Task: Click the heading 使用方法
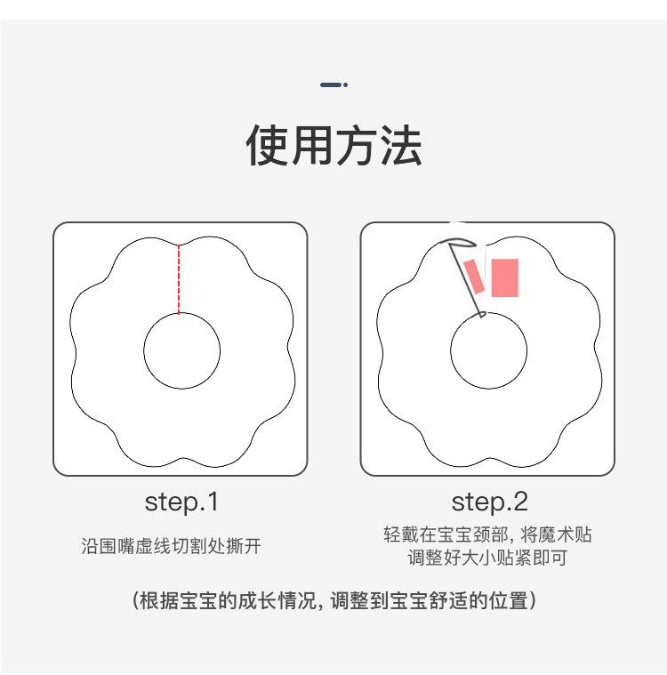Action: pos(333,147)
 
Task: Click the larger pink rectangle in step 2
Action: pos(504,277)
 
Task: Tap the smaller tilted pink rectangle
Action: pos(474,277)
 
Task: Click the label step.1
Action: pos(181,502)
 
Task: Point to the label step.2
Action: pos(488,502)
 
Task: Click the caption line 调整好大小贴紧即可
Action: pos(487,558)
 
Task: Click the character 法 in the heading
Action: pos(399,147)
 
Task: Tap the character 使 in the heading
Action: pos(268,147)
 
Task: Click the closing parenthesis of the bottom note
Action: pos(532,600)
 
